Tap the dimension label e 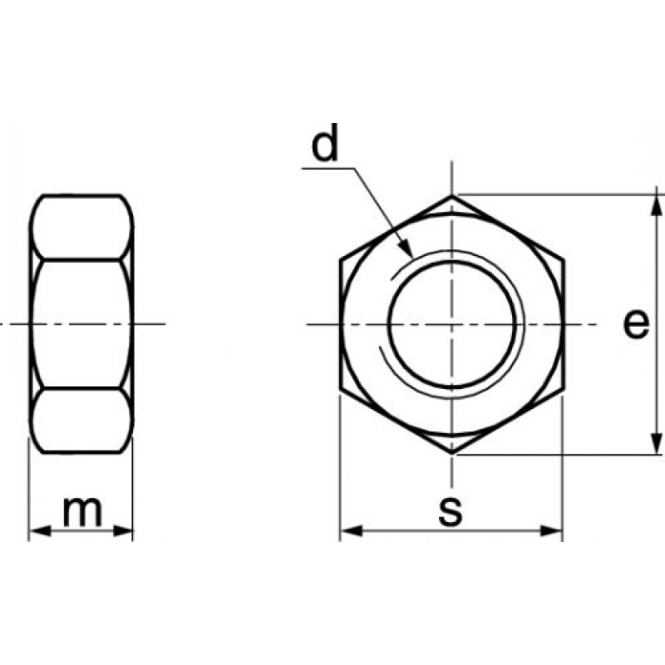[x=636, y=323]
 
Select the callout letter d [x=326, y=145]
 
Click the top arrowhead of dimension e [x=657, y=203]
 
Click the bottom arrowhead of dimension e [x=657, y=446]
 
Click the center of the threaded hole [x=453, y=323]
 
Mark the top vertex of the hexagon [x=453, y=196]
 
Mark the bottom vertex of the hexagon [x=453, y=453]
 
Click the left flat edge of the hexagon [x=341, y=324]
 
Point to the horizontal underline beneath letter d [x=329, y=169]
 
